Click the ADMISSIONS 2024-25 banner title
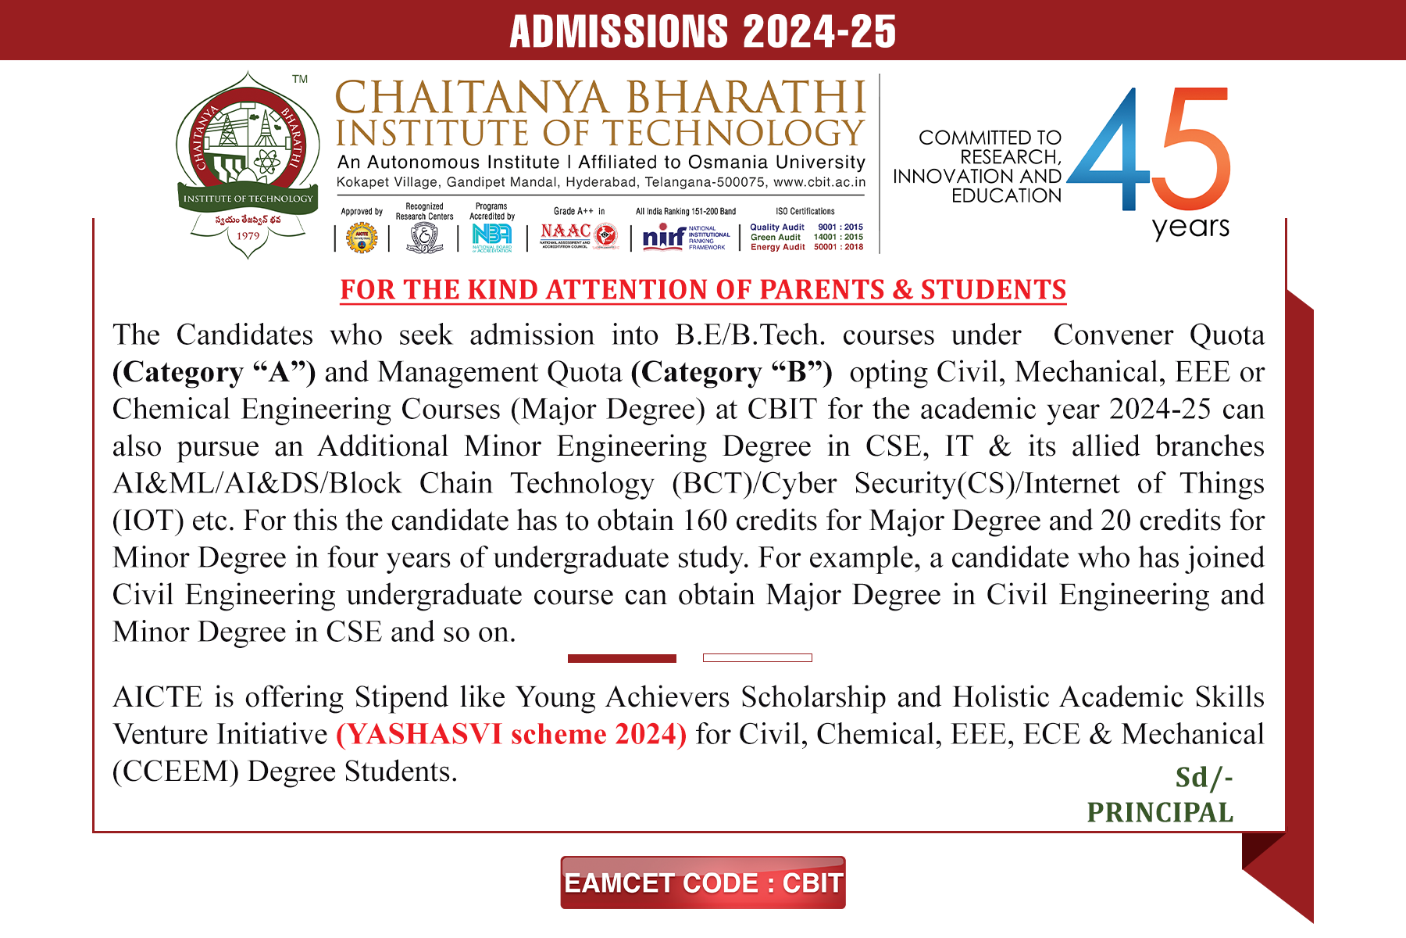pyautogui.click(x=702, y=31)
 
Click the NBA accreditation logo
pyautogui.click(x=492, y=236)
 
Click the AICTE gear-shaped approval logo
pyautogui.click(x=362, y=238)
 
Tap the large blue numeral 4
pyautogui.click(x=1109, y=152)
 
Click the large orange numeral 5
pyautogui.click(x=1193, y=149)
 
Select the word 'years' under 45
pyautogui.click(x=1190, y=227)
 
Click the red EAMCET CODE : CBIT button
pyautogui.click(x=702, y=883)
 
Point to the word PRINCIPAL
pyautogui.click(x=1160, y=812)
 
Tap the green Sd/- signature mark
pyautogui.click(x=1203, y=777)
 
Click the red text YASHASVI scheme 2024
pyautogui.click(x=512, y=734)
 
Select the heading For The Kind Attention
pyautogui.click(x=703, y=289)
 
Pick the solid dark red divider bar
pyautogui.click(x=622, y=658)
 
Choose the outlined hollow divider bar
pyautogui.click(x=757, y=658)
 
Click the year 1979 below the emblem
pyautogui.click(x=248, y=235)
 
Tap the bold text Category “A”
pyautogui.click(x=214, y=372)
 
